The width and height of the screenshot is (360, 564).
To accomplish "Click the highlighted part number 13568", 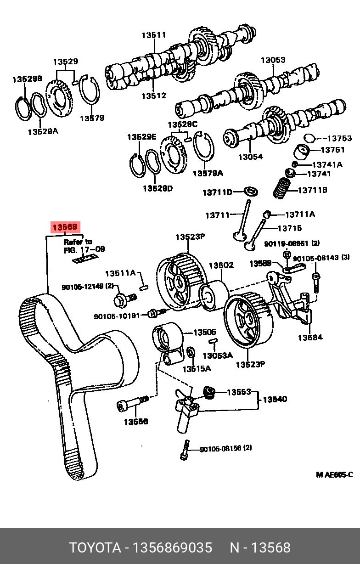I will click(65, 227).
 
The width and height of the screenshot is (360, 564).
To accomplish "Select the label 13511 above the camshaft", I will click(153, 35).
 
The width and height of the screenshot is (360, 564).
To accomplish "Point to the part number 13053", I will click(273, 60).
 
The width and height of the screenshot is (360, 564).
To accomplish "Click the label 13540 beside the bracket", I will click(275, 399).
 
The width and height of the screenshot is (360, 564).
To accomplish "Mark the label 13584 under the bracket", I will click(310, 338).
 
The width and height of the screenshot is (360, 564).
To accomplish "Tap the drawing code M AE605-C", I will click(334, 474).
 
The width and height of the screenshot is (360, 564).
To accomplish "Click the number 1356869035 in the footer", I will click(172, 547).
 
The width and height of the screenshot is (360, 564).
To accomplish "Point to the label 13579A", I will click(208, 173).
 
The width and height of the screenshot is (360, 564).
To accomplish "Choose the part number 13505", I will click(205, 332).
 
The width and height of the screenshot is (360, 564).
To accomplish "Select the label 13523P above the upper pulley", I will click(190, 237).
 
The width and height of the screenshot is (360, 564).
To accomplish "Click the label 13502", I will click(221, 265).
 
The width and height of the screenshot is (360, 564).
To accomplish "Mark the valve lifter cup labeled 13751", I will click(303, 150).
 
